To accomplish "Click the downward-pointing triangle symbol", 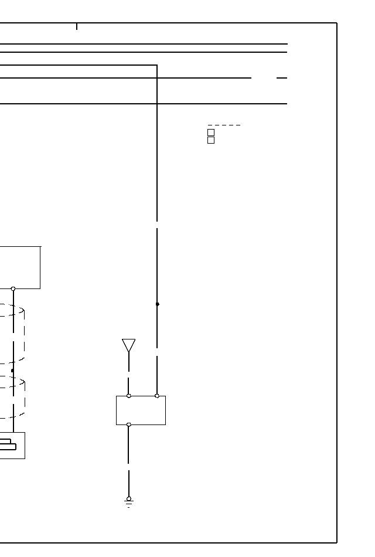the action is [129, 345].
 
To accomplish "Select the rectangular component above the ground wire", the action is [141, 410].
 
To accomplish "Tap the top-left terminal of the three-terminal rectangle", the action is [129, 396].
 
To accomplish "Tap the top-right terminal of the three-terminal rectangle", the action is [157, 396].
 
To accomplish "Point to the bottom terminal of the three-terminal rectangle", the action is [129, 424].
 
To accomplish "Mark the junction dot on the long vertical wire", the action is [157, 304].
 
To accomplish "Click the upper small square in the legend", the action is [211, 133].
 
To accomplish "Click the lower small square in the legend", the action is [211, 140].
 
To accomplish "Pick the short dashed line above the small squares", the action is [224, 125].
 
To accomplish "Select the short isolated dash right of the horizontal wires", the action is [282, 77].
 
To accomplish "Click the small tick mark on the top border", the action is [77, 26].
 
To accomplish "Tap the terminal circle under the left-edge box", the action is [13, 288].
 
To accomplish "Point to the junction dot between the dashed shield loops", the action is [12, 371].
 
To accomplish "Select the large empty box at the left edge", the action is [20, 267].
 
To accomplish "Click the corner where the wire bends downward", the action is [157, 65].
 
